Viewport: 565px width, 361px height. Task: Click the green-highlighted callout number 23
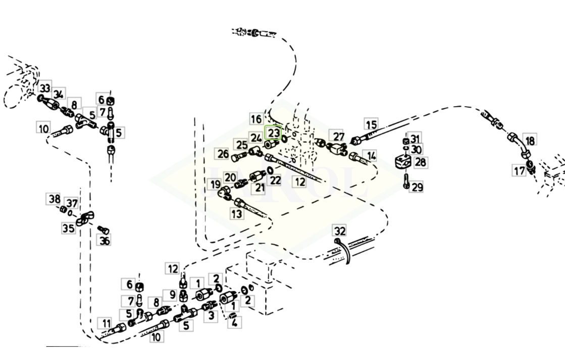[274, 132]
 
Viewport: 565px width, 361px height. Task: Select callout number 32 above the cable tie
[340, 231]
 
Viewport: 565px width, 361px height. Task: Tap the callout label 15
[371, 124]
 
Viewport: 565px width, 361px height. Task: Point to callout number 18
[530, 140]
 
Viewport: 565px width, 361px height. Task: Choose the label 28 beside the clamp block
[420, 162]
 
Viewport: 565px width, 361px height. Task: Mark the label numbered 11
[106, 323]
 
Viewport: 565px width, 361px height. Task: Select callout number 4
[234, 322]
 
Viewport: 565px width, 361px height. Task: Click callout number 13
[236, 214]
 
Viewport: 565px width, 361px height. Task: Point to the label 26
[223, 154]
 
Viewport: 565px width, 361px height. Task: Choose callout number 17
[520, 171]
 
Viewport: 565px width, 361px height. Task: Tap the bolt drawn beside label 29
[406, 180]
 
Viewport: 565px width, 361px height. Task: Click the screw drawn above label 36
[102, 230]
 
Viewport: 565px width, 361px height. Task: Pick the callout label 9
[172, 294]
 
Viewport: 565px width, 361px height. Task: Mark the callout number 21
[260, 188]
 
